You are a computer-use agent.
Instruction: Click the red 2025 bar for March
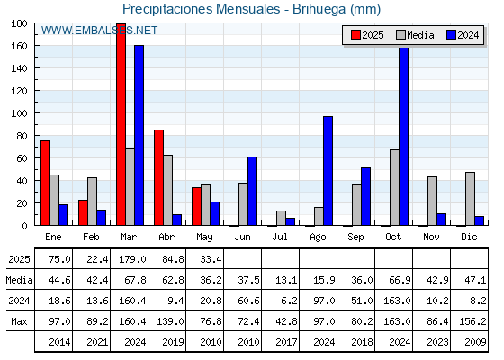tap(121, 124)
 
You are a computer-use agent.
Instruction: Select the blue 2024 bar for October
tap(403, 136)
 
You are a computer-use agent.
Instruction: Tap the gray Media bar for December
tap(470, 199)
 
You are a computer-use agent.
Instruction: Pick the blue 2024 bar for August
tap(328, 171)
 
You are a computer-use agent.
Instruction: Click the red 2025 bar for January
tap(45, 183)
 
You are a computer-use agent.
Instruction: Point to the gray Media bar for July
tap(281, 218)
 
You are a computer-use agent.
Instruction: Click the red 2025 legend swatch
tap(355, 35)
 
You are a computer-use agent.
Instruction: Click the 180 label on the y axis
tap(19, 23)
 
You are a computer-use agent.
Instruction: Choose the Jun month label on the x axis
tap(242, 237)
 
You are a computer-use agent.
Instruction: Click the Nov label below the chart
tap(431, 237)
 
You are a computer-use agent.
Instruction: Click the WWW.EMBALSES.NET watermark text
tap(99, 31)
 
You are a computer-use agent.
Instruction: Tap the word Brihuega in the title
tap(319, 9)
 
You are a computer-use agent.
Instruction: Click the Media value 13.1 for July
tap(286, 280)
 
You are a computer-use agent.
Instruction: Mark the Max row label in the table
tap(19, 321)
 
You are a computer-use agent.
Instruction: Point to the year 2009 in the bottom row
tap(475, 342)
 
